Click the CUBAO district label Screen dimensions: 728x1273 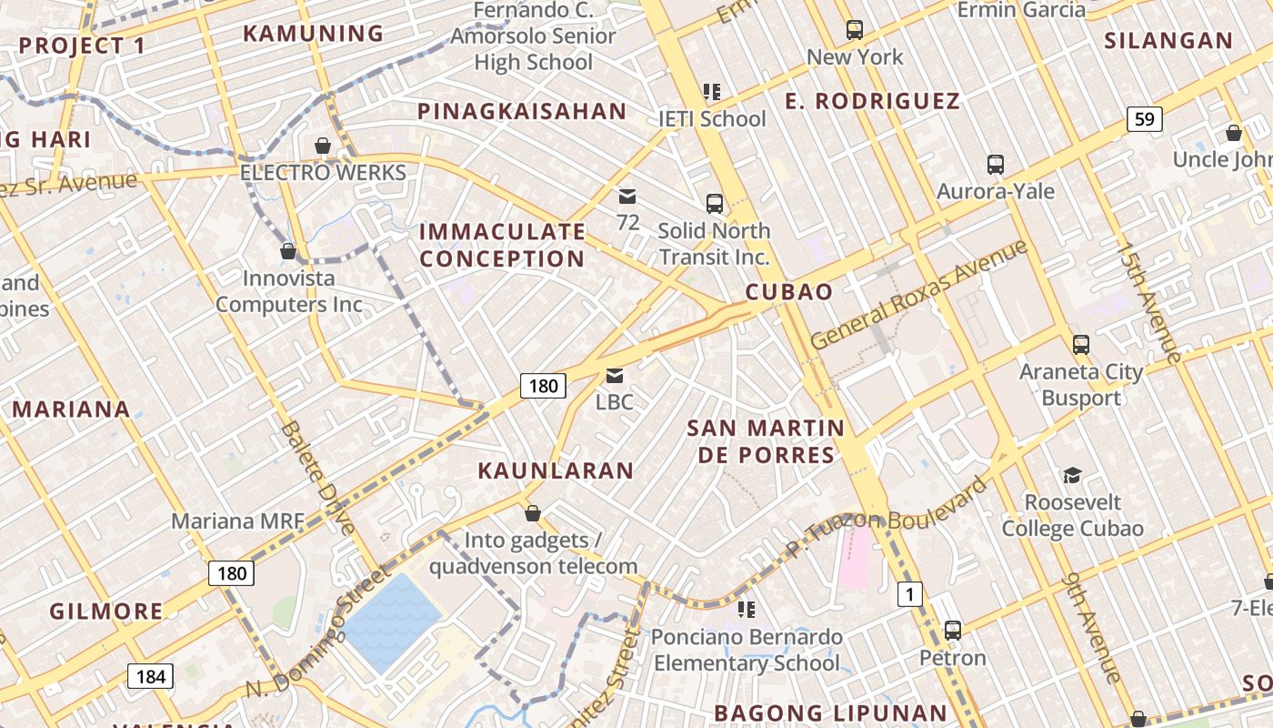pyautogui.click(x=788, y=291)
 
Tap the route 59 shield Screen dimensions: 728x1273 pyautogui.click(x=1145, y=118)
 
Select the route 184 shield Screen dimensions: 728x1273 pyautogui.click(x=149, y=676)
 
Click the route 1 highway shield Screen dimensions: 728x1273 pyautogui.click(x=909, y=595)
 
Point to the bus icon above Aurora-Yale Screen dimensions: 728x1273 pyautogui.click(x=995, y=165)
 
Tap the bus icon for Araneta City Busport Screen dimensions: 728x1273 pyautogui.click(x=1080, y=345)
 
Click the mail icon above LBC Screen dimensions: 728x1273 pyautogui.click(x=615, y=376)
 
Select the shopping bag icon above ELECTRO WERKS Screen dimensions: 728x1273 pyautogui.click(x=322, y=146)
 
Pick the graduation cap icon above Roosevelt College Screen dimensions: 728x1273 pyautogui.click(x=1072, y=475)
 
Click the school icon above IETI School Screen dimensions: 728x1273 pyautogui.click(x=711, y=92)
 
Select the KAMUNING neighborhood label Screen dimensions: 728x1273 pyautogui.click(x=313, y=34)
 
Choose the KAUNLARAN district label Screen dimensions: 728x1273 pyautogui.click(x=556, y=470)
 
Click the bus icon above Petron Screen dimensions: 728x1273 pyautogui.click(x=952, y=630)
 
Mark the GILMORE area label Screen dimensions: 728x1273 pyautogui.click(x=105, y=611)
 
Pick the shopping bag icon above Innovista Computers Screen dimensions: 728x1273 pyautogui.click(x=288, y=251)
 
